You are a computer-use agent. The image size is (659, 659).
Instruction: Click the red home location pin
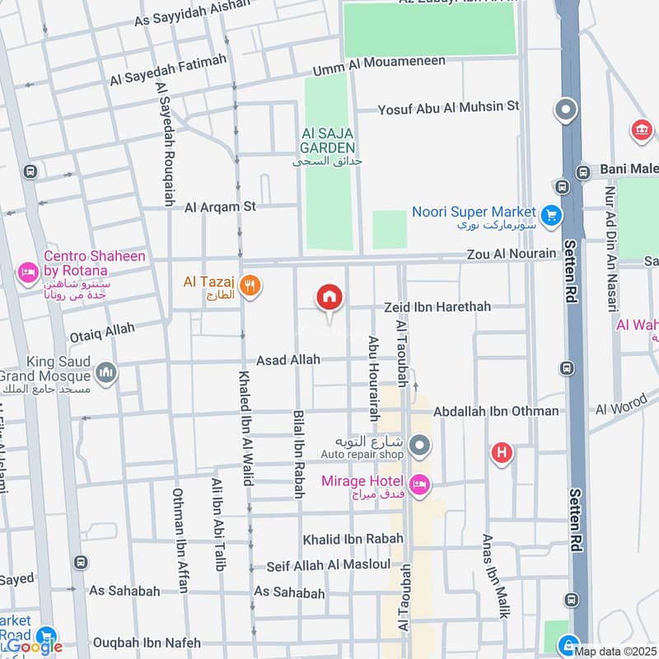pos(329,297)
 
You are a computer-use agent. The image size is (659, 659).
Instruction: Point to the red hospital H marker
pos(501,452)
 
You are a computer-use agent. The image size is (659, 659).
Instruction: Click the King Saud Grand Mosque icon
pos(106,373)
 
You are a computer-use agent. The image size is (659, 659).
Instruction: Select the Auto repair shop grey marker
pos(420,446)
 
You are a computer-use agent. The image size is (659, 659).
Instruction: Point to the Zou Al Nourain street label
pos(511,254)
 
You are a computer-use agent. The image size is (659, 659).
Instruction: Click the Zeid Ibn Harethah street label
pos(437,306)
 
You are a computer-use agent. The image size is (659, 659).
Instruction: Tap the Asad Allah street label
pos(288,360)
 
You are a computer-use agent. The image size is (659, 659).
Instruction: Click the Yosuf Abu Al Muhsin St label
pos(449,107)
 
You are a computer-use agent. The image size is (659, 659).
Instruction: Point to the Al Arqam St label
pos(221,207)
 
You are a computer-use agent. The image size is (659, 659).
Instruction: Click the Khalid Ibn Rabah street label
pos(353,539)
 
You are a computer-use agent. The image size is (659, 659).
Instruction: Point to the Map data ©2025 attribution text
pos(615,652)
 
